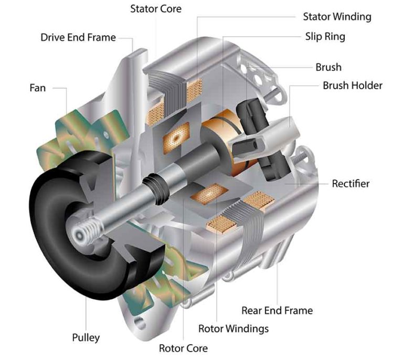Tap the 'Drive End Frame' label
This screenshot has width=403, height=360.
[78, 38]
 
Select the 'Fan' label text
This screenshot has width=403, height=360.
[37, 88]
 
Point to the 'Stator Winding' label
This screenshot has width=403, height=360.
[337, 17]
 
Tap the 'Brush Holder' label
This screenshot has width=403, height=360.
[352, 85]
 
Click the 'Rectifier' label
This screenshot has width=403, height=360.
[351, 184]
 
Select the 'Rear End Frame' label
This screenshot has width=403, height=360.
[277, 310]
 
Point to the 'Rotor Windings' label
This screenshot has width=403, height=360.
[234, 329]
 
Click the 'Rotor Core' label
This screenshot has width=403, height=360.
[183, 348]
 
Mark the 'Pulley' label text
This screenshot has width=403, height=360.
[86, 337]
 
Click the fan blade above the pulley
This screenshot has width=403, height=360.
[84, 134]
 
